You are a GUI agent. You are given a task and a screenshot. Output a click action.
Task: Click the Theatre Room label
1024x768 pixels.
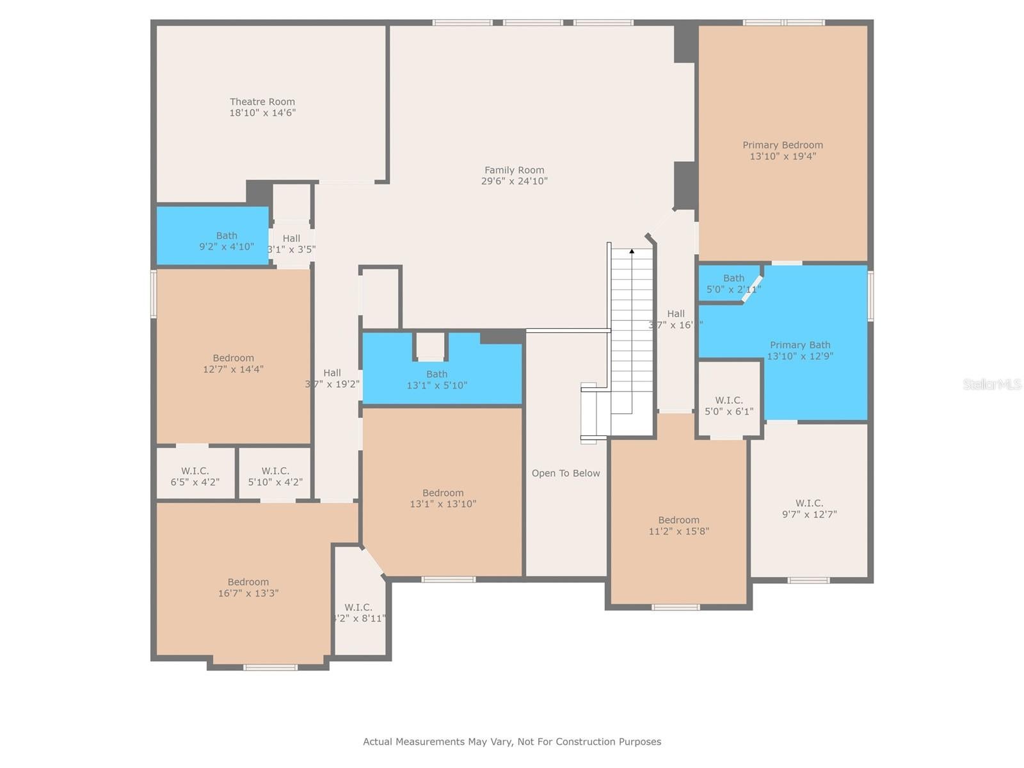[262, 102]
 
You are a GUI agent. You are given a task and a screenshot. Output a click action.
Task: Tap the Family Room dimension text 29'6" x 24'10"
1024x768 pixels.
[514, 181]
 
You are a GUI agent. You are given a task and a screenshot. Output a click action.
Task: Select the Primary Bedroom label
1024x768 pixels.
[782, 145]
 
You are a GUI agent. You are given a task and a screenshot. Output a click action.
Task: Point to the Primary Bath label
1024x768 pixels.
[799, 345]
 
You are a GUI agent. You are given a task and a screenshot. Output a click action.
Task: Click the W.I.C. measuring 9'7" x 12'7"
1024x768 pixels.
[809, 509]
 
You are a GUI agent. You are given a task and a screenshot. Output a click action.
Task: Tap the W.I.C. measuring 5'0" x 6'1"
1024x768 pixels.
[729, 406]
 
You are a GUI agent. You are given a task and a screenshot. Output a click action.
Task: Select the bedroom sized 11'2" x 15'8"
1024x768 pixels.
[678, 525]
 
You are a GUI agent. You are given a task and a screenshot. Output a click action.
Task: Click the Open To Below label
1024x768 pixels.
[566, 474]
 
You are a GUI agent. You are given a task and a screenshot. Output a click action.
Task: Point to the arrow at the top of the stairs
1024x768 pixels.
[632, 252]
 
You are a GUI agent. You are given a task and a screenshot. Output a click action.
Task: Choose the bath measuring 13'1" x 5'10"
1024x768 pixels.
[437, 380]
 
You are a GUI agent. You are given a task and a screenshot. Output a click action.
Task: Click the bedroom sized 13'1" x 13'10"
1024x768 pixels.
[443, 498]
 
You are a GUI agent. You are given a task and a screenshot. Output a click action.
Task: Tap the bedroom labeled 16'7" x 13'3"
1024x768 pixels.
[248, 588]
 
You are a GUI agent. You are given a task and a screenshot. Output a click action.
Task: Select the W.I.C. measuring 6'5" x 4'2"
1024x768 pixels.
[195, 476]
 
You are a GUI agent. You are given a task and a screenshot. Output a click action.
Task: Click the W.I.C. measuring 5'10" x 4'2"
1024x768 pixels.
[275, 476]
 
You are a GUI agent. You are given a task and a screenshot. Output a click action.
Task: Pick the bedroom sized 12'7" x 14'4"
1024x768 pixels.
[233, 364]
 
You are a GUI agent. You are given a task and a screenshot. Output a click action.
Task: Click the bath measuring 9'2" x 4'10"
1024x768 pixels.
[226, 241]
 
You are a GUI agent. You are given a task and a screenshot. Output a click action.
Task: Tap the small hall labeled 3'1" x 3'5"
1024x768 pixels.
[291, 243]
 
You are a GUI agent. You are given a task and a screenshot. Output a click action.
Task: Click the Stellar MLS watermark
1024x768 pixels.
[991, 384]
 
